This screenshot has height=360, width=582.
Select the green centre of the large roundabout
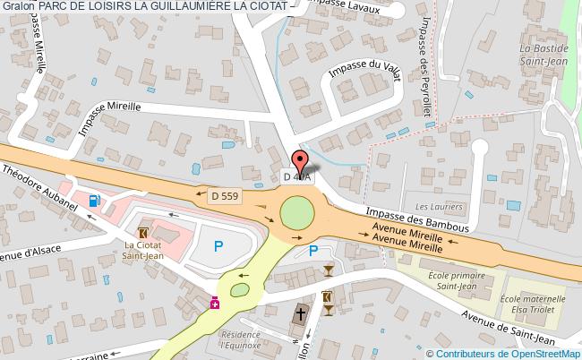297,213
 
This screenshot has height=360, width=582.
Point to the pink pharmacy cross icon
215,304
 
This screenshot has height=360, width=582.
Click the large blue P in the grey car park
217,244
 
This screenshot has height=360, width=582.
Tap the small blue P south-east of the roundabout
312,251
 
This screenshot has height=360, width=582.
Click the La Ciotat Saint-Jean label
142,248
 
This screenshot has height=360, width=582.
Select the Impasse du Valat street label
364,71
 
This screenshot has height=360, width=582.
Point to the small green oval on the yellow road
239,290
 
